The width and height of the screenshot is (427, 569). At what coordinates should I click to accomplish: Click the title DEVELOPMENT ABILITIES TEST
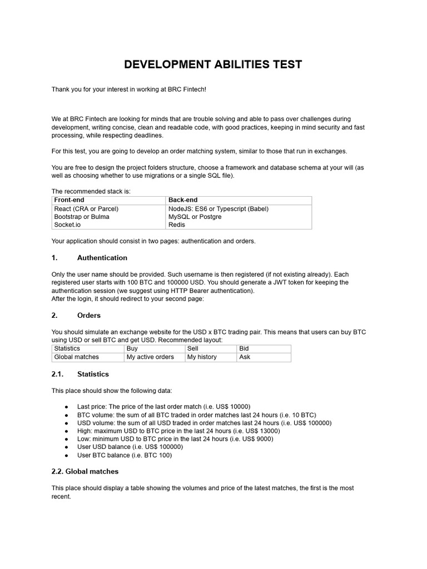tap(213, 64)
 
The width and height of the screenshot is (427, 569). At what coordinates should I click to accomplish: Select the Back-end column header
tap(183, 200)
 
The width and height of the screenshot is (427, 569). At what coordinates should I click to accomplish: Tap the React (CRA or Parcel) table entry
tap(86, 209)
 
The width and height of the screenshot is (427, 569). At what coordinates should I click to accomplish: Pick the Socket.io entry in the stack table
tap(68, 224)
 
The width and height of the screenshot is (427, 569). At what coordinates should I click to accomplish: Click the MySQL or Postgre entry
tap(195, 217)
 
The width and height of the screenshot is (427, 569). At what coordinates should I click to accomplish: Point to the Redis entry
tap(177, 224)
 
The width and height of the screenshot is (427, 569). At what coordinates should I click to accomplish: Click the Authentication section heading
tap(102, 258)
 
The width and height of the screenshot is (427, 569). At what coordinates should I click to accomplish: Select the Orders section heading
tap(89, 316)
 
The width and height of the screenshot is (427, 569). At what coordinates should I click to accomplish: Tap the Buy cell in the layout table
tap(132, 348)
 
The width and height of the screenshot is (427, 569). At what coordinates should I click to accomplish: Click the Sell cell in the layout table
tap(193, 348)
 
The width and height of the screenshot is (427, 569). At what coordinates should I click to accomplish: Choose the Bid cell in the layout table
tap(244, 348)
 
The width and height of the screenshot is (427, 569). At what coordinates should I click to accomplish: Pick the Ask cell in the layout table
tap(245, 357)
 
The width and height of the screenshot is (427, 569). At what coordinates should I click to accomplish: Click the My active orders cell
tap(150, 357)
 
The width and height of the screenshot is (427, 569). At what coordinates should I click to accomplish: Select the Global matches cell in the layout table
tap(77, 357)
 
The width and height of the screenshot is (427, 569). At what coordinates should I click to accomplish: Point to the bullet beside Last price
tap(67, 407)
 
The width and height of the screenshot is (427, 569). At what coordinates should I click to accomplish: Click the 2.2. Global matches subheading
tap(85, 471)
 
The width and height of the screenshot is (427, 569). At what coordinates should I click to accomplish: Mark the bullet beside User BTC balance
tap(67, 455)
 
